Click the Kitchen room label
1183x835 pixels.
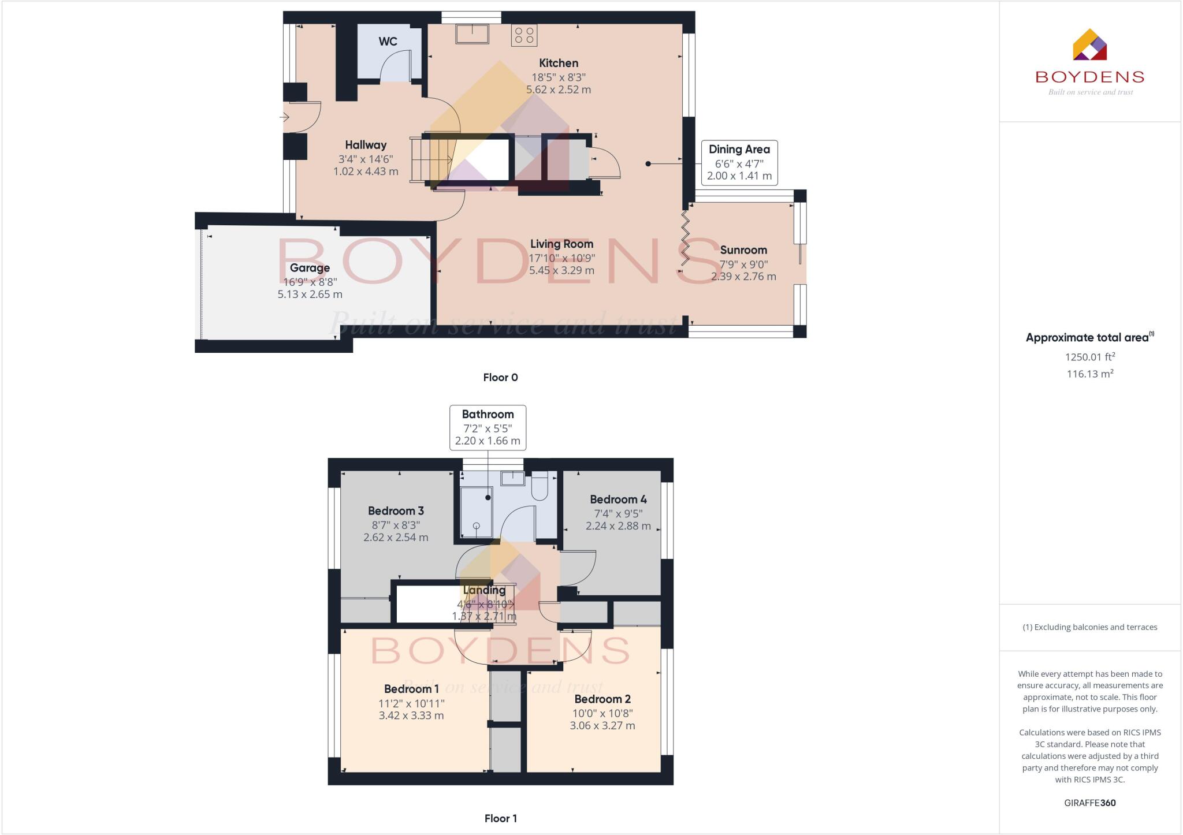558,63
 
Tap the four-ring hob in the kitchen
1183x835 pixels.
524,35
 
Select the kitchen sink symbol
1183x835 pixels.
472,33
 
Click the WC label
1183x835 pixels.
388,42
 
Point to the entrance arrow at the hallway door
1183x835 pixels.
284,118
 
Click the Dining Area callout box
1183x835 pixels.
739,162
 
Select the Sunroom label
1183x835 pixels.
743,250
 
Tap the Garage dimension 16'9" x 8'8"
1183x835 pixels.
310,282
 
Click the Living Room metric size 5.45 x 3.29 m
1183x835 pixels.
561,270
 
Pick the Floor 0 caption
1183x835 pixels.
500,378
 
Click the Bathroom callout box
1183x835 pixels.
488,427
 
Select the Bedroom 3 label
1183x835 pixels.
396,511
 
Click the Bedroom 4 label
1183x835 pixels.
618,499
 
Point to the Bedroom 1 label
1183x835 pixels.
411,689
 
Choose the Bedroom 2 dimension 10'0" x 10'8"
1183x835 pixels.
602,713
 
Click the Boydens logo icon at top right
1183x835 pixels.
1089,45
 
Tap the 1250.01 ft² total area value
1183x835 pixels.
1089,357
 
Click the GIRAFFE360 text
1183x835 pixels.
1089,803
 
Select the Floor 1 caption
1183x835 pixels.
500,818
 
